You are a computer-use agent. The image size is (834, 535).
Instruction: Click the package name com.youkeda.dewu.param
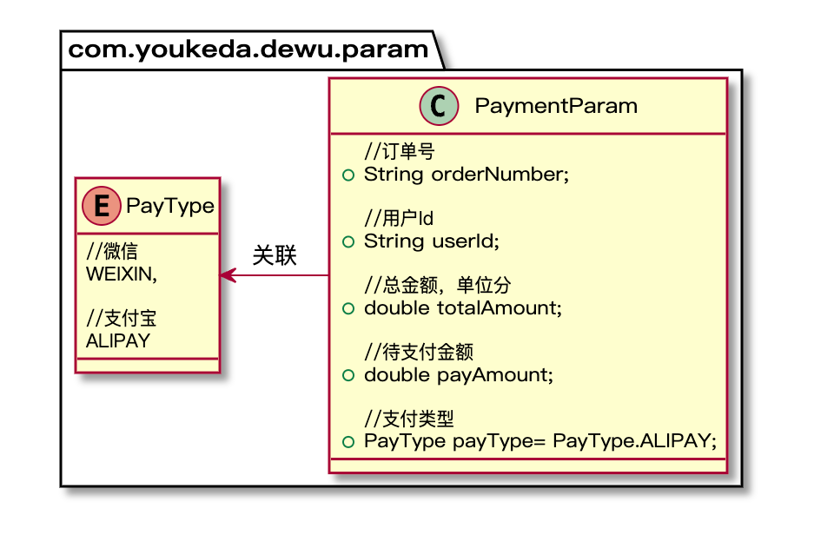[248, 50]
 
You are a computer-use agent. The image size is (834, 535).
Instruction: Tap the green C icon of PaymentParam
[439, 106]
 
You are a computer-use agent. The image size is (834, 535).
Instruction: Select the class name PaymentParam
[556, 106]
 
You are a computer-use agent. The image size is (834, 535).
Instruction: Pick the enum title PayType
[170, 206]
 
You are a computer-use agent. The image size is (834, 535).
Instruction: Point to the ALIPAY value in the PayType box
[118, 340]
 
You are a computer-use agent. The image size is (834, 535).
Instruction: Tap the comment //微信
[113, 253]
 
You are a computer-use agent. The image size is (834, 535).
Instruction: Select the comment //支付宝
[122, 320]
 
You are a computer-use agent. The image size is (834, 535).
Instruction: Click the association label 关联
[275, 256]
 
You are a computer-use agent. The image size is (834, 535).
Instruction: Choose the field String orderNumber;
[466, 175]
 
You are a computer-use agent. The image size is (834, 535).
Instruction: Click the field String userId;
[432, 241]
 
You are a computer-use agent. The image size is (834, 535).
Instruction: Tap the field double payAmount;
[458, 375]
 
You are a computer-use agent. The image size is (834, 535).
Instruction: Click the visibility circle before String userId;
[348, 242]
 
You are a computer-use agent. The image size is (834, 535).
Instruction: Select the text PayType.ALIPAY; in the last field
[634, 442]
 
